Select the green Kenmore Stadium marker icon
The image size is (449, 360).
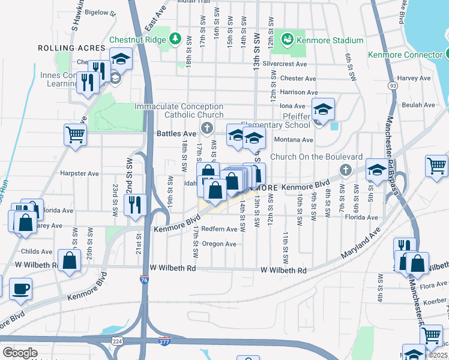(288, 40)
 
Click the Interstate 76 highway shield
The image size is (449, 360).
(143, 280)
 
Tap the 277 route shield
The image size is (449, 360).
(164, 341)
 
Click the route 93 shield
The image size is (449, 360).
(393, 86)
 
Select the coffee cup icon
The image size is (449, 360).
(20, 289)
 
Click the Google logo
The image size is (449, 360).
(19, 353)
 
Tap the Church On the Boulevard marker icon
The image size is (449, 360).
(345, 170)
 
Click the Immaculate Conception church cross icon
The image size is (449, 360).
(207, 128)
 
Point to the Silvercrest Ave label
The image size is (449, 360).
(284, 64)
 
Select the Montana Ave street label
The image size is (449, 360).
(294, 140)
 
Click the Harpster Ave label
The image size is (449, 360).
(79, 173)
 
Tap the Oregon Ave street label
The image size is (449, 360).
(219, 244)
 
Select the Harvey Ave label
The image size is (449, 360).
(414, 78)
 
